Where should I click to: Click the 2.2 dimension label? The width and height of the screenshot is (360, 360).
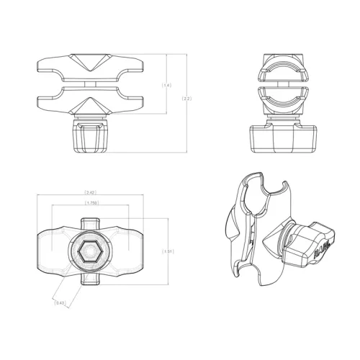tap(187, 99)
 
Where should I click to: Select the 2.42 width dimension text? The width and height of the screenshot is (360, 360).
tap(91, 193)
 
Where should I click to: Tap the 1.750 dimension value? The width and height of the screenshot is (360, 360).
tap(91, 204)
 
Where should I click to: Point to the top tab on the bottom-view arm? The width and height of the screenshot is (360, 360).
tap(91, 221)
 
